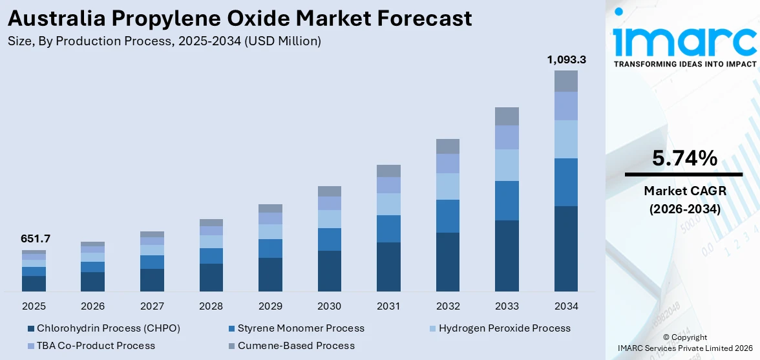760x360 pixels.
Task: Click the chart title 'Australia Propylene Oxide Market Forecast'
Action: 240,18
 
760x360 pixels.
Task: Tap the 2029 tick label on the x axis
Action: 270,306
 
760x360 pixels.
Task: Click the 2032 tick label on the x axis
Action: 447,306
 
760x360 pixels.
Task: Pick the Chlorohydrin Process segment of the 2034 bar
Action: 565,249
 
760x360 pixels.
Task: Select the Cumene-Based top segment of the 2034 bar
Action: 565,81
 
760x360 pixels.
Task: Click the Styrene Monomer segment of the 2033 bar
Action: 507,200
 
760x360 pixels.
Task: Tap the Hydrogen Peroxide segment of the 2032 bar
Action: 447,186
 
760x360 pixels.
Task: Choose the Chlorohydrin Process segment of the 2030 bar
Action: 329,271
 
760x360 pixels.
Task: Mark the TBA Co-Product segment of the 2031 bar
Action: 388,185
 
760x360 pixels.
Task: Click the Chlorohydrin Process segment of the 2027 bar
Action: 152,280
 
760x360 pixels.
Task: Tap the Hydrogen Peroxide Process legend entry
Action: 504,328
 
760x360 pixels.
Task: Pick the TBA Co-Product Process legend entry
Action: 96,346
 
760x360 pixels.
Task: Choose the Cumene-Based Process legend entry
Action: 296,346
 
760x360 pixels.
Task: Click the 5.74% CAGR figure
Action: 684,158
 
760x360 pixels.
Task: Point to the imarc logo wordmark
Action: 684,40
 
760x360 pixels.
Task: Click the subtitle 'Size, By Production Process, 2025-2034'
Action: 164,41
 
